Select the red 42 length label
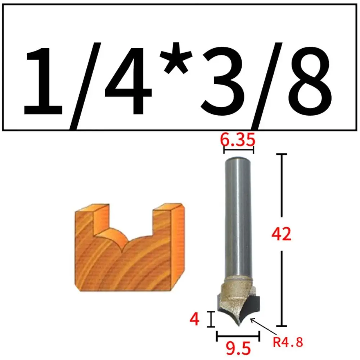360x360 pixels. pyautogui.click(x=281, y=234)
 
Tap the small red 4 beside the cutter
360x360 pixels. pyautogui.click(x=195, y=319)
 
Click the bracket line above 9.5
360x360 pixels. pyautogui.click(x=238, y=337)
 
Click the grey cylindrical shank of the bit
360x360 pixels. pyautogui.click(x=238, y=216)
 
